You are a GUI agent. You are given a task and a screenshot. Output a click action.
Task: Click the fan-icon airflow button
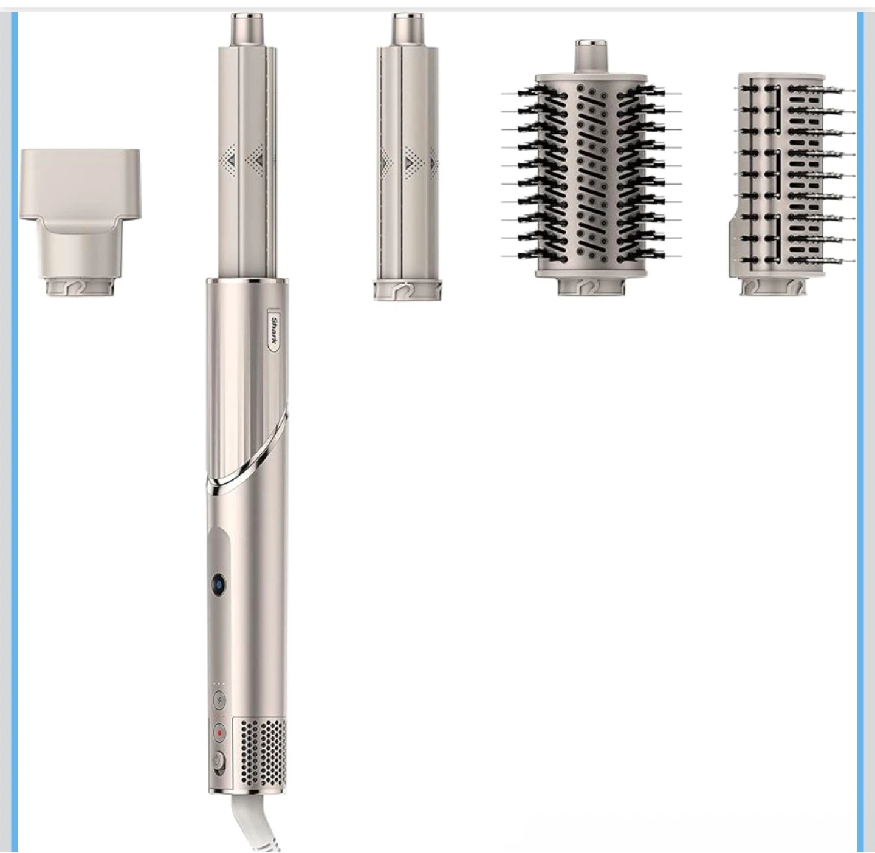pos(219,701)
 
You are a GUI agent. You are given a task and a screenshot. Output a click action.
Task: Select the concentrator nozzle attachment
pos(80,222)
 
